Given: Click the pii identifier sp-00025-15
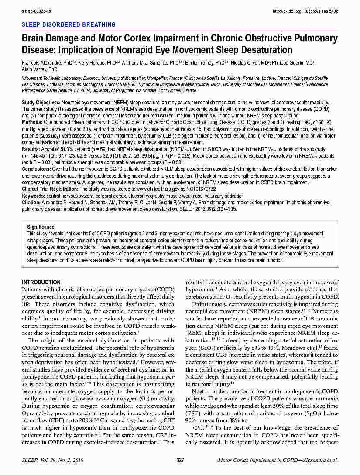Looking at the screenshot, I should (x=36, y=10).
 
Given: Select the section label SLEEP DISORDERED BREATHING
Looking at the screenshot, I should (x=69, y=25).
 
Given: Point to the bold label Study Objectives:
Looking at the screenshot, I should (x=44, y=102).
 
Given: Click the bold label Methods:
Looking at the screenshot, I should (x=32, y=122).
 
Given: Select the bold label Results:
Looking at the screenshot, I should (x=31, y=149).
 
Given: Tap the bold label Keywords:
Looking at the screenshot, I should (x=34, y=196).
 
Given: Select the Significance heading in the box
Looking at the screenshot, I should (x=41, y=227).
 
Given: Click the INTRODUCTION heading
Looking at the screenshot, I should (x=41, y=282).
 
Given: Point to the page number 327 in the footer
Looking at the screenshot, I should (x=180, y=460).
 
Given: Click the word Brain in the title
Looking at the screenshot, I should (x=34, y=38).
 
